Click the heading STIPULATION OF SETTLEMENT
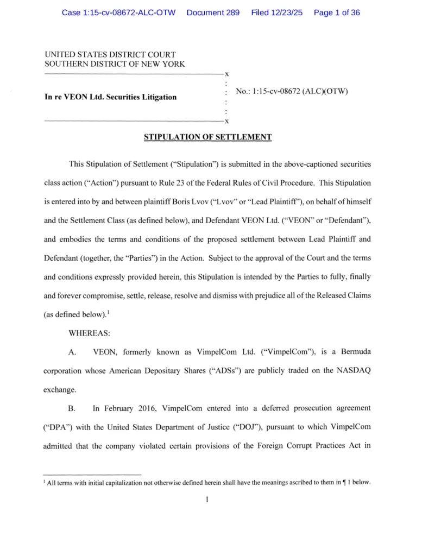[207, 137]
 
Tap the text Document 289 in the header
[212, 12]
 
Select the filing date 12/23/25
[285, 12]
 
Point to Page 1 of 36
[337, 12]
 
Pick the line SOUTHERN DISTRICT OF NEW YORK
[115, 64]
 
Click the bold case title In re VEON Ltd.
[110, 97]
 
